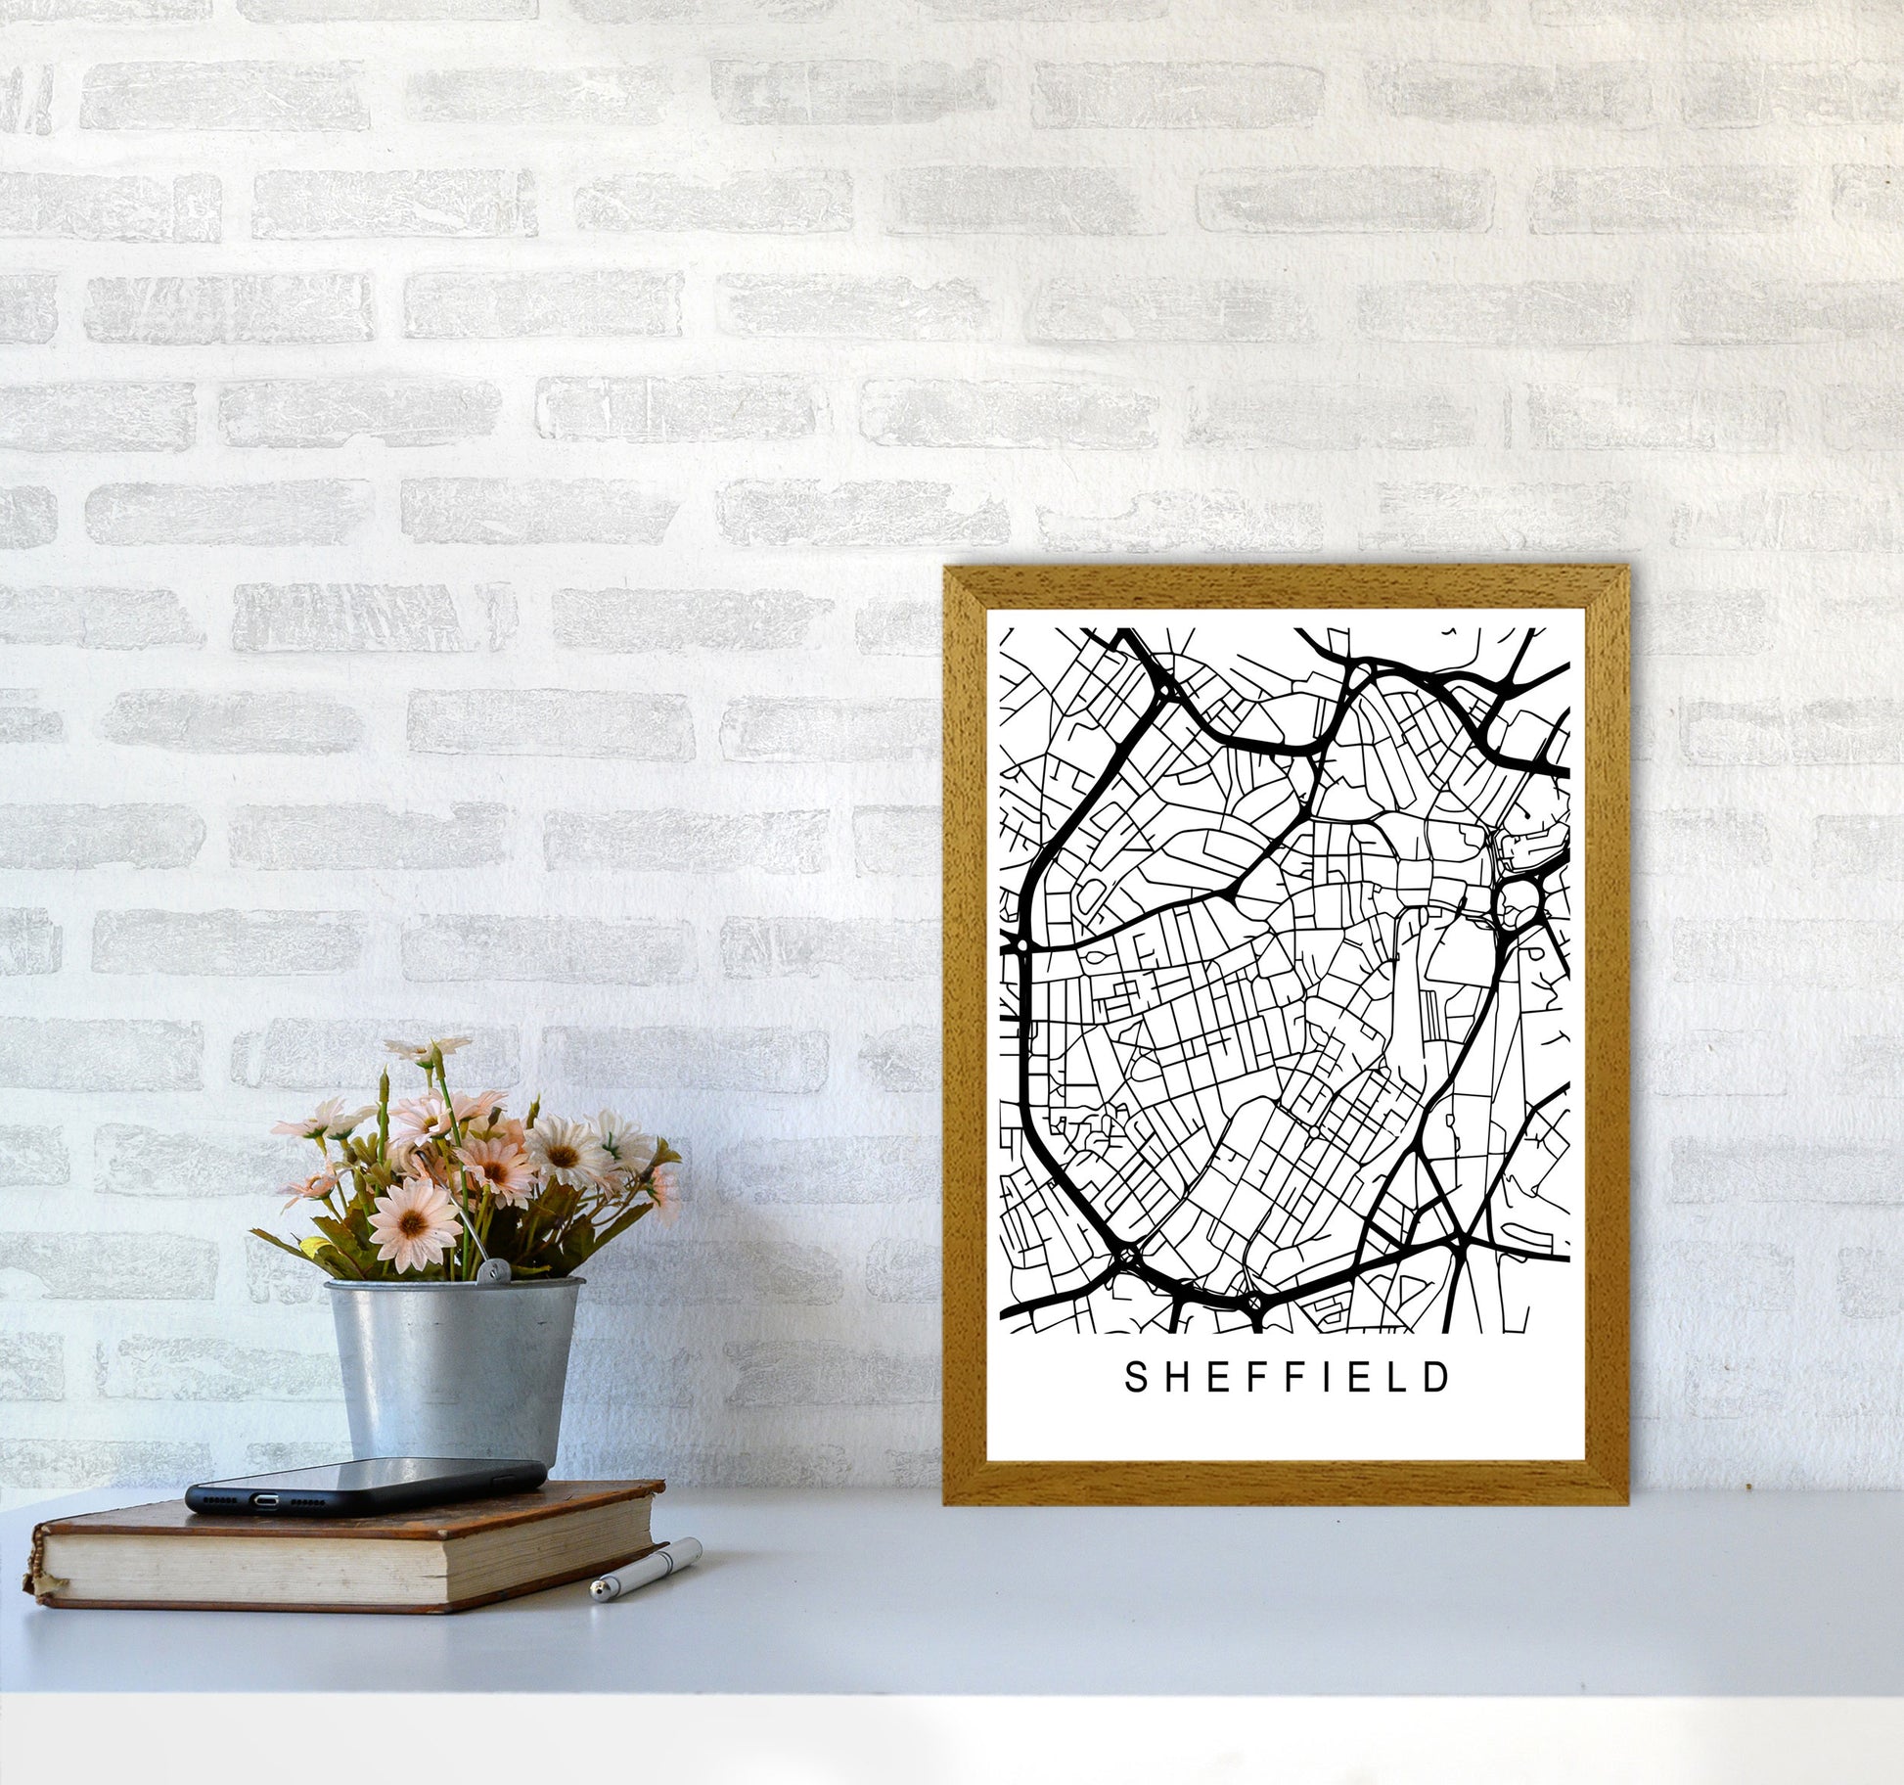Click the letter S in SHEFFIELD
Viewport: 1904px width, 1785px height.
(x=1136, y=1378)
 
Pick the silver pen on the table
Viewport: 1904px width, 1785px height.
(x=646, y=1569)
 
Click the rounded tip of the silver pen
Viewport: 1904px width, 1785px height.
(x=596, y=1595)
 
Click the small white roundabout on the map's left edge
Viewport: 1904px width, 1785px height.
(x=1021, y=946)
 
